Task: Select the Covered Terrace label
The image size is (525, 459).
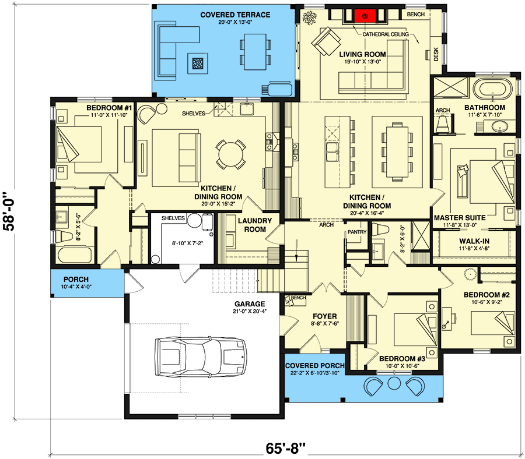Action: click(226, 15)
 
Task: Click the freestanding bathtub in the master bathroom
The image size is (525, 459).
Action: click(494, 90)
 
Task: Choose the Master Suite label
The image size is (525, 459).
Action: click(460, 218)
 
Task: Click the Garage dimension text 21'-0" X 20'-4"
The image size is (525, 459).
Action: click(250, 312)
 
